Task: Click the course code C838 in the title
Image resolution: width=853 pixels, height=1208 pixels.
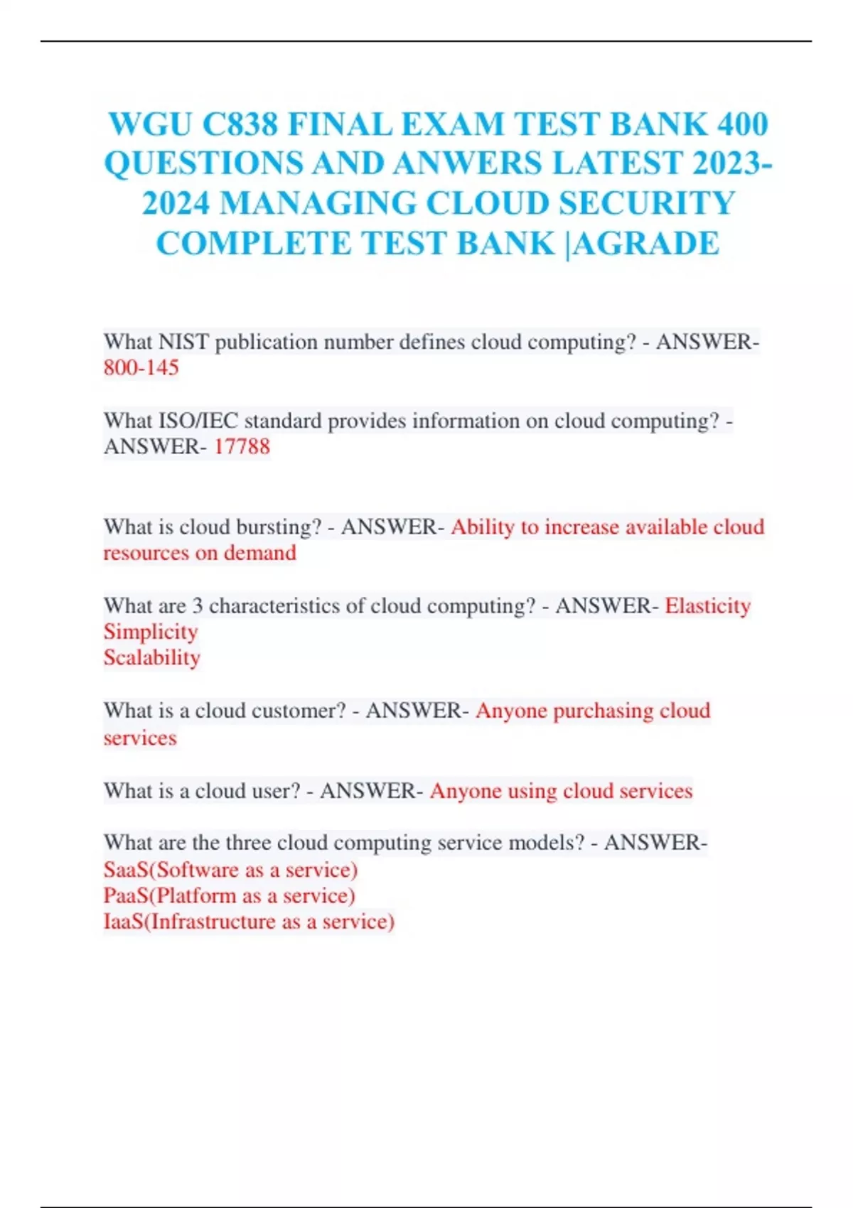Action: (240, 124)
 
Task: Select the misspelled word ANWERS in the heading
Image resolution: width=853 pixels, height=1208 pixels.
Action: (468, 163)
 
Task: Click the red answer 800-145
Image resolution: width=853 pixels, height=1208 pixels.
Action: (141, 368)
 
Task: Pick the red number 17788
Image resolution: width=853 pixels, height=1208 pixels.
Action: (242, 447)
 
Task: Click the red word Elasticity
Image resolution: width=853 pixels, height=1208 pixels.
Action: (707, 606)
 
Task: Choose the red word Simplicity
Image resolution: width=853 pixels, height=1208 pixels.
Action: (151, 632)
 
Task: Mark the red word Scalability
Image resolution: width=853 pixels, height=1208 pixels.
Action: (151, 658)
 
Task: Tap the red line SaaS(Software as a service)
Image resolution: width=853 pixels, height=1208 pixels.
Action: (230, 870)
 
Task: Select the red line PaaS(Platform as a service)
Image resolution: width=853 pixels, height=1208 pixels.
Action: (229, 896)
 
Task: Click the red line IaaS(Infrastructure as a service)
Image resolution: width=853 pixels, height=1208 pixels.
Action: (249, 922)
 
